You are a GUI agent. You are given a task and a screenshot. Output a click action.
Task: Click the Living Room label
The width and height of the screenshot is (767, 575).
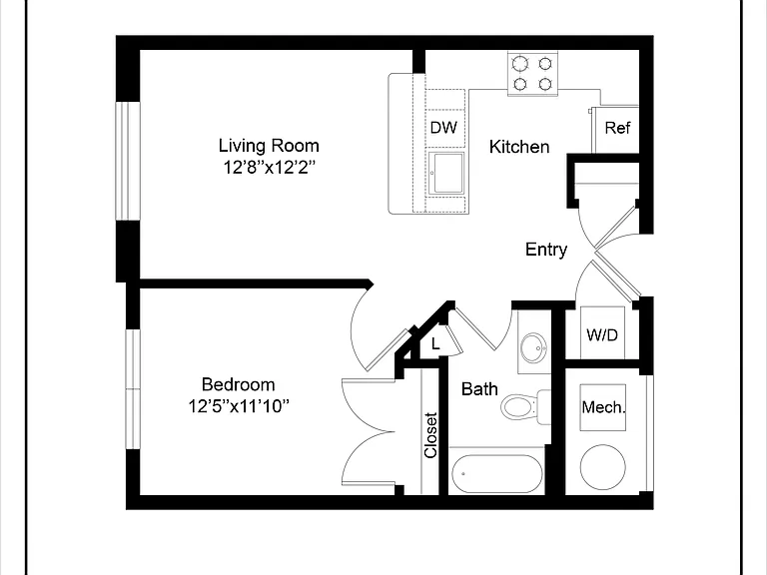tap(269, 145)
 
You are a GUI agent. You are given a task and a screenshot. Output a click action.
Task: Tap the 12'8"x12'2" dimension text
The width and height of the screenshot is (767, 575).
tap(269, 168)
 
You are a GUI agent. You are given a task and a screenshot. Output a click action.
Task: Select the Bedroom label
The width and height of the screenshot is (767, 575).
tap(239, 384)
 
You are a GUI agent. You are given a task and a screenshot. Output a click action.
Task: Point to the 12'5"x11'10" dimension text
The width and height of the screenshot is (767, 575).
tap(239, 406)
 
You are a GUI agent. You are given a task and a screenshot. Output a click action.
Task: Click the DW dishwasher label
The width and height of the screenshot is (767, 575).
tap(443, 128)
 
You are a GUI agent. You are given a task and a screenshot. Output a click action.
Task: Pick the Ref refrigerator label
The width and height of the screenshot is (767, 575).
tap(617, 128)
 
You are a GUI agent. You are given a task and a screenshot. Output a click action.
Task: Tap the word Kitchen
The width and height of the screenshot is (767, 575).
tap(519, 147)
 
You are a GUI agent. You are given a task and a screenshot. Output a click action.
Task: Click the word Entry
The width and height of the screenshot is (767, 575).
tap(546, 250)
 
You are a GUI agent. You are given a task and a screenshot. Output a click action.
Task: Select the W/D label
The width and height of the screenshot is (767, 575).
tap(602, 335)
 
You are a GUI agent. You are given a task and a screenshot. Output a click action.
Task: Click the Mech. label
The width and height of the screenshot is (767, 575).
tap(603, 407)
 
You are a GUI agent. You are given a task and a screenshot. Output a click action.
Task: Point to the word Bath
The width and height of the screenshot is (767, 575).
tap(479, 389)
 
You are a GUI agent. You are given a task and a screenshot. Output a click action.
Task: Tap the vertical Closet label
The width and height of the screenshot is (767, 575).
tap(430, 435)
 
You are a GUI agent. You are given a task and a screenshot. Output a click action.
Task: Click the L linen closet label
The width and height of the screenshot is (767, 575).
tap(435, 344)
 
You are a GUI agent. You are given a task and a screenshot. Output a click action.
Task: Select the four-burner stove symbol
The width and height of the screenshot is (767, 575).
tap(532, 74)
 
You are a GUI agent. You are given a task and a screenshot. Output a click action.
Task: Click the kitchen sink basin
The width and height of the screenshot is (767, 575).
tap(446, 173)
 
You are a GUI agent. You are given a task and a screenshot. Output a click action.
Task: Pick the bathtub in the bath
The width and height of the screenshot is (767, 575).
tap(497, 474)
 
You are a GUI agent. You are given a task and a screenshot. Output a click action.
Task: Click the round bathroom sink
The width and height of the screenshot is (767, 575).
tap(533, 347)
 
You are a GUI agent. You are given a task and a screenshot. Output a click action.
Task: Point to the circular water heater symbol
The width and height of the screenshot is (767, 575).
tap(602, 467)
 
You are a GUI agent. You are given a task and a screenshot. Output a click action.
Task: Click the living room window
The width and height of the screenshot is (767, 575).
tap(128, 162)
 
